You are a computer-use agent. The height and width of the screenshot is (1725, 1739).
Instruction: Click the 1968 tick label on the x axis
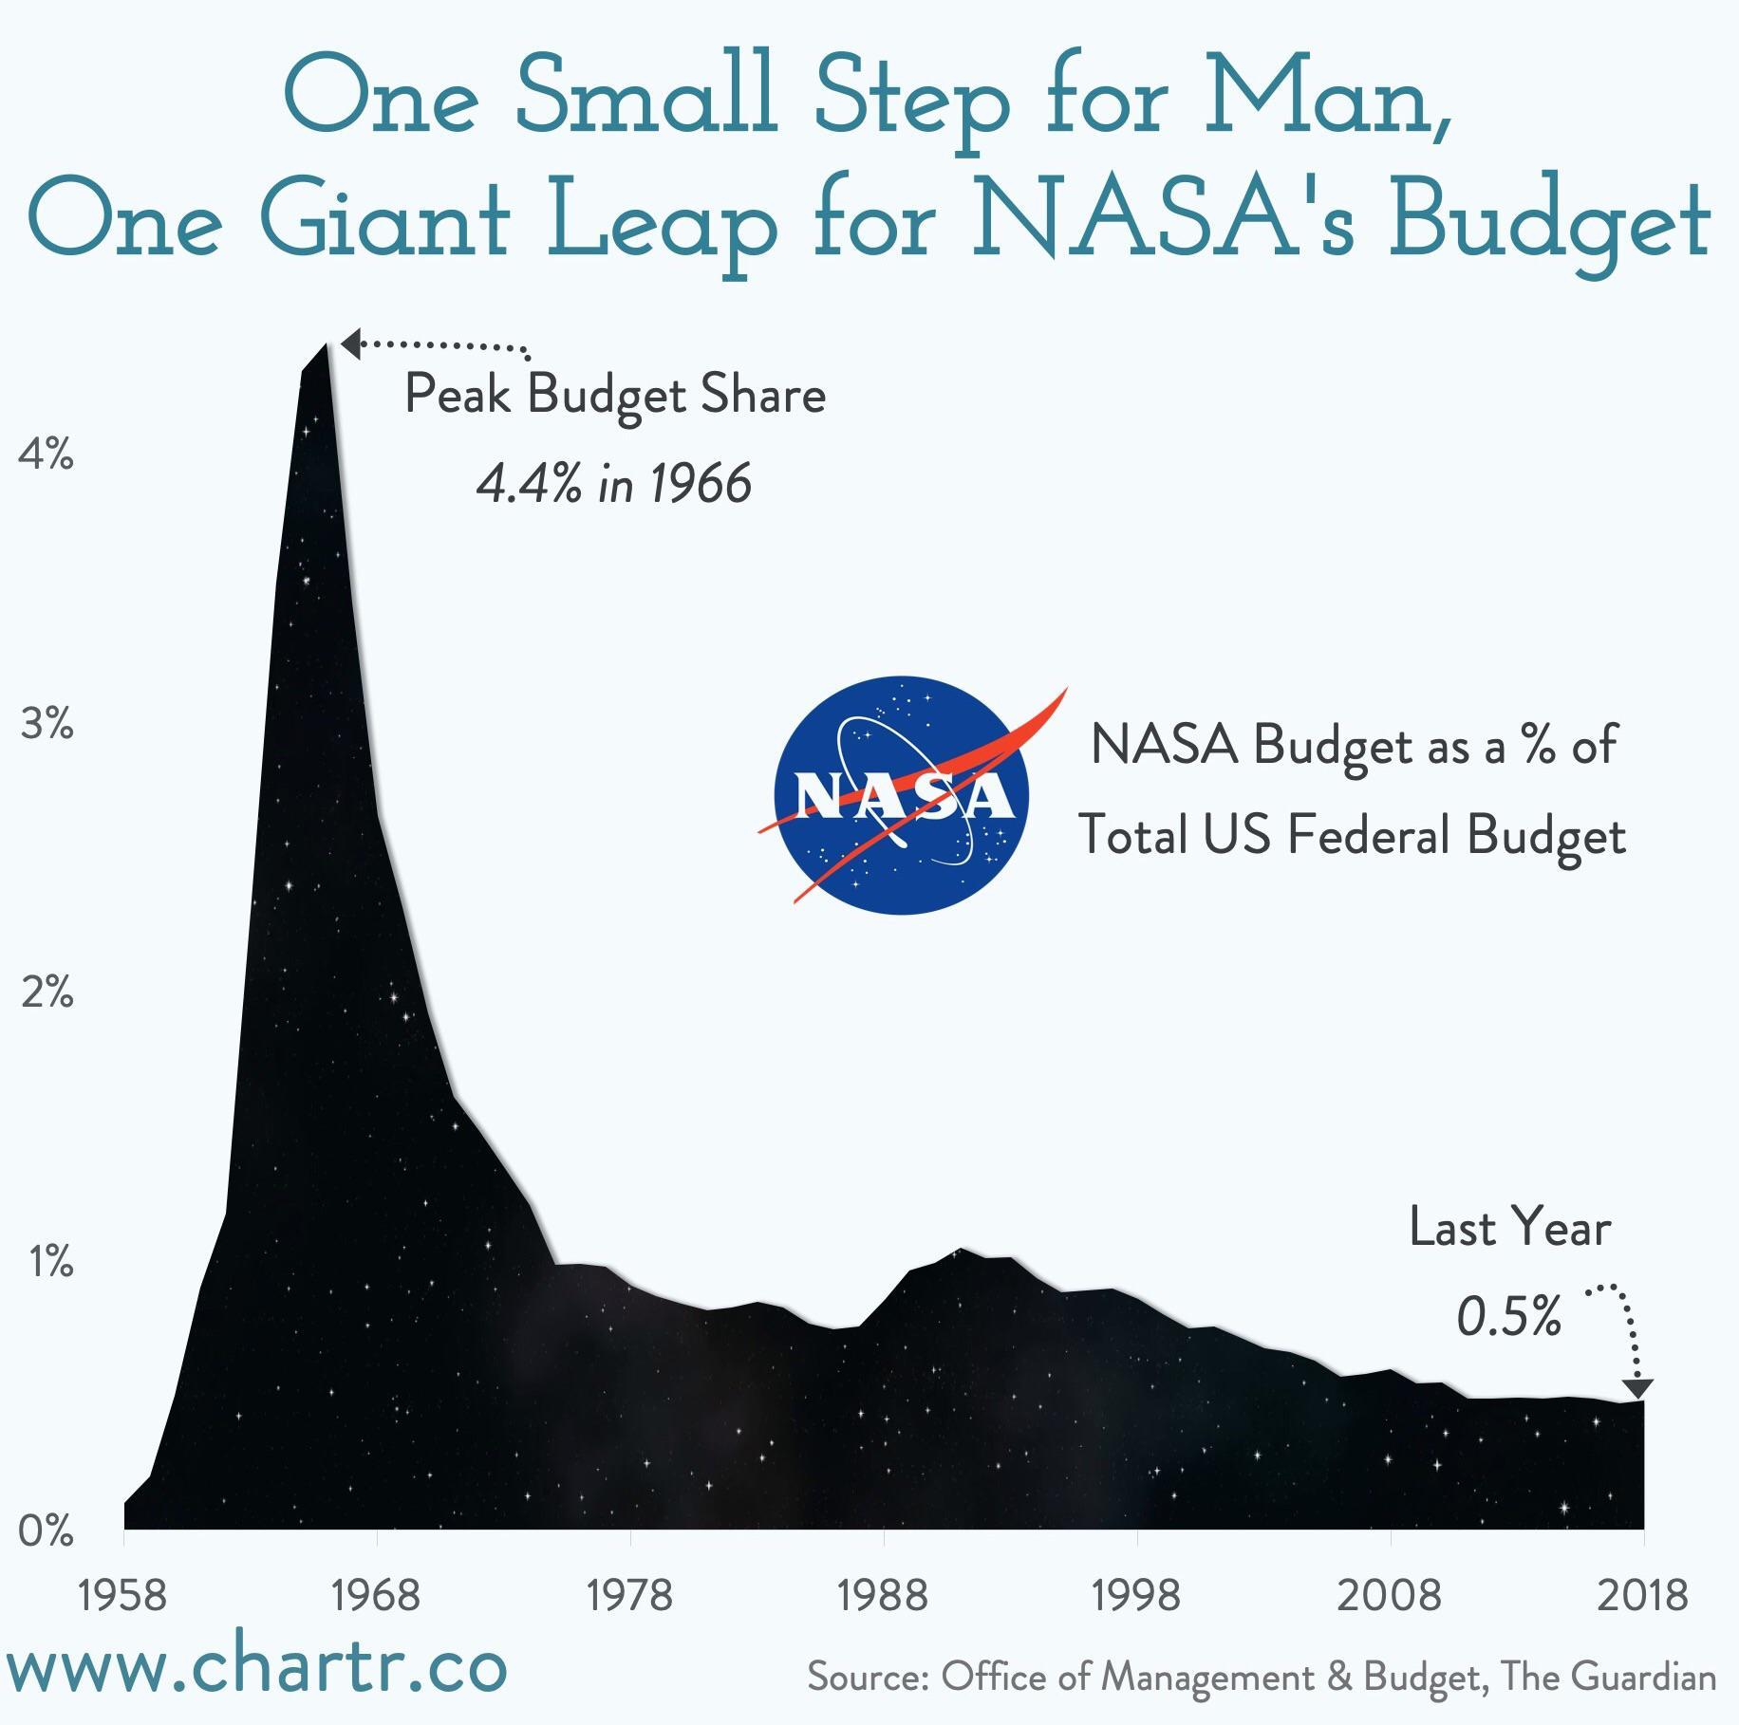(x=377, y=1595)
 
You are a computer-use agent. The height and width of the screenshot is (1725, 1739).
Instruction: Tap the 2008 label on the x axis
(x=1389, y=1595)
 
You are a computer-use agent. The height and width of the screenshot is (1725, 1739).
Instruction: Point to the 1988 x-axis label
(x=883, y=1595)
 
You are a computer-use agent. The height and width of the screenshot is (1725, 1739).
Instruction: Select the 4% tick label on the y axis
(x=46, y=456)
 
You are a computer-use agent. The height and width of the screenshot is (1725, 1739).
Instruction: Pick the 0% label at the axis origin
(x=46, y=1531)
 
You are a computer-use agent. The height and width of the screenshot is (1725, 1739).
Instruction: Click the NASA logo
(x=902, y=795)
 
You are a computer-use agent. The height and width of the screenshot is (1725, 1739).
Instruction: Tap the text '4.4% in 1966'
(x=613, y=484)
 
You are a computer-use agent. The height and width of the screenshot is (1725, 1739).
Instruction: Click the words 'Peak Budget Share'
(x=615, y=395)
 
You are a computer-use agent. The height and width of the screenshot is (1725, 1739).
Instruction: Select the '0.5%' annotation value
(x=1508, y=1317)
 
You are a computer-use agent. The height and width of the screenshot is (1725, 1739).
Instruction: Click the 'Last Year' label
(x=1509, y=1228)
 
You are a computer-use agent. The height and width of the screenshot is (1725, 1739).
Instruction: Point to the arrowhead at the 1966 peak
(x=350, y=343)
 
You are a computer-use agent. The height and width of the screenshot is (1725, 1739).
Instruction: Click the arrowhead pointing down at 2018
(x=1637, y=1389)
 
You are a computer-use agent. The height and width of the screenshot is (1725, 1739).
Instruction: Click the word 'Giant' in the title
(x=383, y=220)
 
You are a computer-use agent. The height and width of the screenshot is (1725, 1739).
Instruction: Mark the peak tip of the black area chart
(x=326, y=345)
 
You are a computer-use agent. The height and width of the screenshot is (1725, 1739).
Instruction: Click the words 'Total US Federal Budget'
(x=1353, y=837)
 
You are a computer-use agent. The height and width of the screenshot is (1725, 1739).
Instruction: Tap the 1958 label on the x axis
(x=123, y=1595)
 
